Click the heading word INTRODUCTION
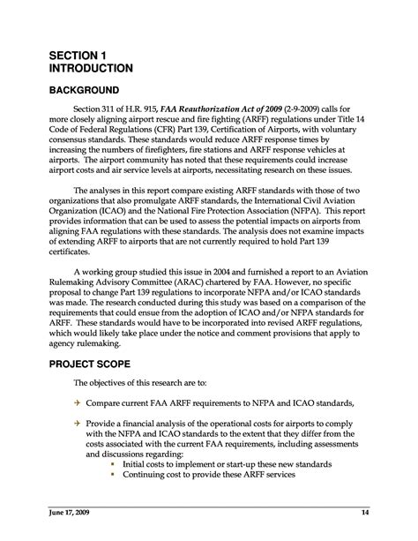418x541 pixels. [90, 68]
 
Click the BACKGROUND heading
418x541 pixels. [85, 91]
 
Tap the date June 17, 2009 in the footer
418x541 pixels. [71, 513]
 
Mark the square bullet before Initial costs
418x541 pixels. [112, 464]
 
